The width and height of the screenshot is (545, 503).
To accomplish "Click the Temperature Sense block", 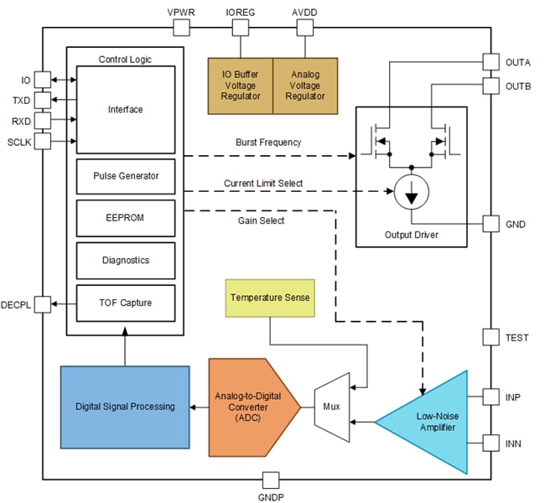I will point(270,298).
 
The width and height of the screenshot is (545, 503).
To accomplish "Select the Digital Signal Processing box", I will point(125,407).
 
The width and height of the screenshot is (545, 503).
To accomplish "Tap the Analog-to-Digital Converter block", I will point(252,407).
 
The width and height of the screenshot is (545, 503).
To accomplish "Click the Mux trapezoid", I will point(331,407).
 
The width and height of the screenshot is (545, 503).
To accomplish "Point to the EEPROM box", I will point(126,218).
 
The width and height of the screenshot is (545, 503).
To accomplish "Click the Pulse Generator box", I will point(126,176).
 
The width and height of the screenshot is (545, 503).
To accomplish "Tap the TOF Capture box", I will point(126,303).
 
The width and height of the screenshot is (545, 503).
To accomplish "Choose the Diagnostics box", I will point(126,260).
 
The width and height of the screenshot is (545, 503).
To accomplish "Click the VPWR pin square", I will point(181,28).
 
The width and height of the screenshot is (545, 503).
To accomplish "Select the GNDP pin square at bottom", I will point(271,480).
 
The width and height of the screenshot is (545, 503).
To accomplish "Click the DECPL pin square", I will point(44,303).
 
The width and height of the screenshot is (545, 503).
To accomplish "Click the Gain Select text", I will point(262,220).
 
